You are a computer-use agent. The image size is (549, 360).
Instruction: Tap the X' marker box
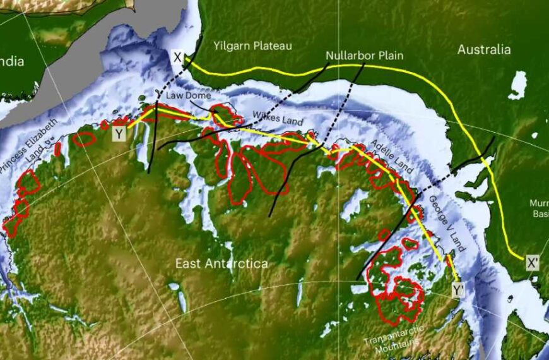(x=533, y=262)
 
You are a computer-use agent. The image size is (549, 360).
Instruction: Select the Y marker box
(x=119, y=133)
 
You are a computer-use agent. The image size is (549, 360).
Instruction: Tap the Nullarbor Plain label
(x=360, y=56)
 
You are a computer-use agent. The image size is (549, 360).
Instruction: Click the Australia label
(x=483, y=49)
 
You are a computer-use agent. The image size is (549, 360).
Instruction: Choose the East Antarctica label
(x=221, y=263)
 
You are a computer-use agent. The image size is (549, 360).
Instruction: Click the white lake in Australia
(x=517, y=85)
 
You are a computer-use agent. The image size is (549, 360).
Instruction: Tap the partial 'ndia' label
(x=11, y=61)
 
